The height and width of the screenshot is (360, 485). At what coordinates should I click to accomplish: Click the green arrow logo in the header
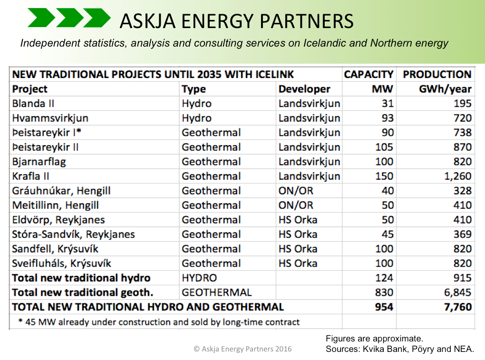[x=69, y=18]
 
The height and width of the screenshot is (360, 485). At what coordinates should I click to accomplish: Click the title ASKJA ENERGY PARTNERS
[x=237, y=21]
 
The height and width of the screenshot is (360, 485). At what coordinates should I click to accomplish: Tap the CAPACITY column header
[x=369, y=74]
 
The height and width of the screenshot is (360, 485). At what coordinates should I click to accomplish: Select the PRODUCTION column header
[x=437, y=74]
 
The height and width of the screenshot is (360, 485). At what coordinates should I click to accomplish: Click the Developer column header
[x=304, y=89]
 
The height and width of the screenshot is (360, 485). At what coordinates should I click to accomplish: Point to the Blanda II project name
[x=33, y=103]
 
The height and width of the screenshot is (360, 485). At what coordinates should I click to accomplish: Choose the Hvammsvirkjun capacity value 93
[x=388, y=118]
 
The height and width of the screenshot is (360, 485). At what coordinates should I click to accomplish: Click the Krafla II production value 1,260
[x=458, y=176]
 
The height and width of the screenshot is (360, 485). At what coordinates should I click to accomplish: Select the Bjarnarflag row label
[x=39, y=162]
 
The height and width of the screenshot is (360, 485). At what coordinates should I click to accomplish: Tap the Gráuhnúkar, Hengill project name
[x=61, y=191]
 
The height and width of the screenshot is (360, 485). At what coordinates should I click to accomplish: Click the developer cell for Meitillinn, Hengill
[x=296, y=205]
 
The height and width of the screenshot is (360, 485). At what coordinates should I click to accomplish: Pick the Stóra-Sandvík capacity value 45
[x=388, y=234]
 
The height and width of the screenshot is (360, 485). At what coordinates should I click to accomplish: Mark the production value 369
[x=463, y=234]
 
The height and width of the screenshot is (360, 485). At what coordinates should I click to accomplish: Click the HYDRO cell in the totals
[x=199, y=278]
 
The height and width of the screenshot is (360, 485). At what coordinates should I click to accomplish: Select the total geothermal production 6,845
[x=458, y=292]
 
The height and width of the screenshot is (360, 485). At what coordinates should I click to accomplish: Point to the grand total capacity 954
[x=384, y=307]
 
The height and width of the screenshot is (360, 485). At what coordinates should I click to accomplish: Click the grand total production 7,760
[x=458, y=307]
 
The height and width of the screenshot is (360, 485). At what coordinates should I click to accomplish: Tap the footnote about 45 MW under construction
[x=159, y=322]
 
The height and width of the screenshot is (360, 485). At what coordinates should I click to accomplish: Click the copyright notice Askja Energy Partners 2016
[x=242, y=349]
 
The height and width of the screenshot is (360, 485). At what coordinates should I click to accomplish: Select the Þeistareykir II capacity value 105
[x=384, y=147]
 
